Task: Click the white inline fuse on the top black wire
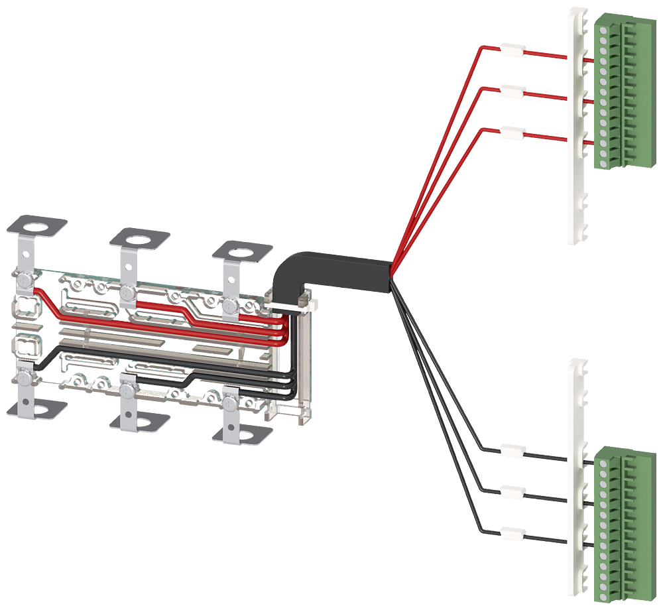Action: [x=511, y=451]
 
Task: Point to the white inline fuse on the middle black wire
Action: [x=511, y=492]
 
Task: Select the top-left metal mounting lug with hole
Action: [x=38, y=225]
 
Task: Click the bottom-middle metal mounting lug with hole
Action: [x=139, y=420]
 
